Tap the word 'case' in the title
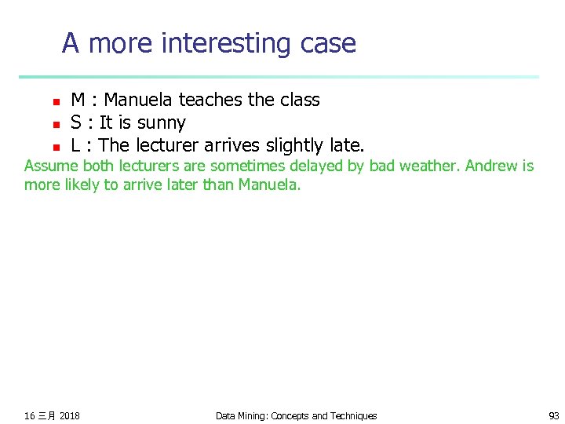(x=328, y=43)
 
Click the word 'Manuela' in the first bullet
(x=139, y=100)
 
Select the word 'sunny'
(x=161, y=123)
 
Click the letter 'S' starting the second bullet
(x=76, y=123)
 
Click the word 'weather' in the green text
(x=433, y=166)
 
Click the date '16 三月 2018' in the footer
(x=52, y=415)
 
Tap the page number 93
(x=553, y=415)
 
